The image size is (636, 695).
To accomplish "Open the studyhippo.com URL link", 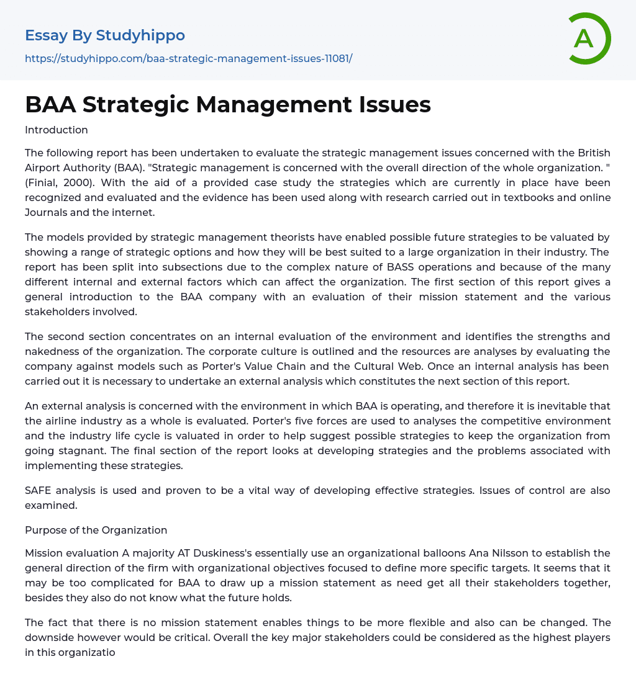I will (188, 59).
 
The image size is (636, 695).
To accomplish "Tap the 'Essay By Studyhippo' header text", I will (105, 35).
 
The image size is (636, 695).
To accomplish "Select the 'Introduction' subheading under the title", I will (57, 130).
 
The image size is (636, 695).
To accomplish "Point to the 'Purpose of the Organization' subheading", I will (96, 530).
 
